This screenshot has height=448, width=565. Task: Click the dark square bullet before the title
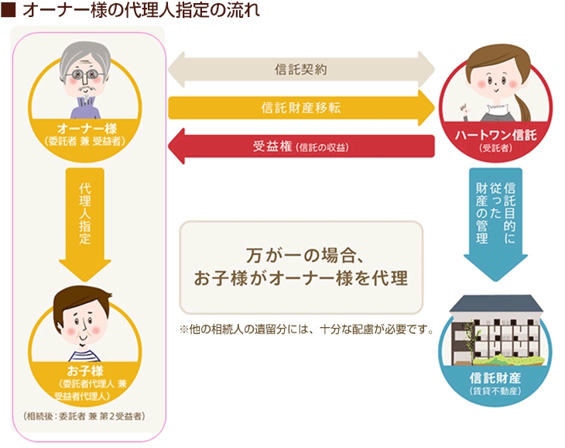pos(8,10)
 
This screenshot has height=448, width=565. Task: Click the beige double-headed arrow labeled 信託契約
pos(301,69)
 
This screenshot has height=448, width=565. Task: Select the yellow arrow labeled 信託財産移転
pos(301,108)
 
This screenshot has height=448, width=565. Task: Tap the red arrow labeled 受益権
pos(301,146)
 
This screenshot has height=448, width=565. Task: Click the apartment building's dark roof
pos(496,303)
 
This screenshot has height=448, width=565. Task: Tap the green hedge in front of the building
pos(508,360)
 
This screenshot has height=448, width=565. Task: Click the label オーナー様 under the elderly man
pos(87,129)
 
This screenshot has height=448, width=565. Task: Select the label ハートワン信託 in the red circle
pos(496,135)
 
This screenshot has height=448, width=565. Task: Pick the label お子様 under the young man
pos(85,370)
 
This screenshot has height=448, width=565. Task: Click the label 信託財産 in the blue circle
pos(495,377)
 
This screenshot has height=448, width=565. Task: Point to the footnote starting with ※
pos(306,329)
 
